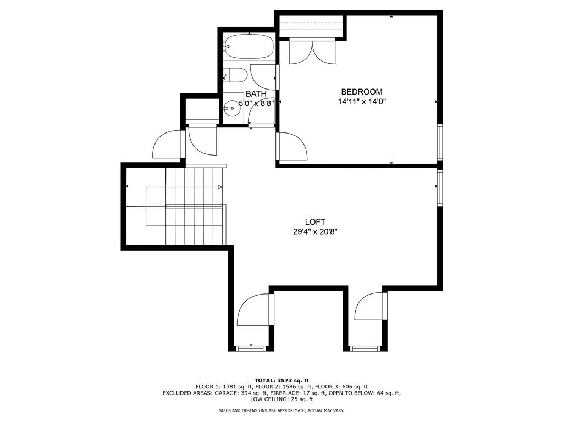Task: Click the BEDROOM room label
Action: point(361,92)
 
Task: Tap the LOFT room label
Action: point(315,222)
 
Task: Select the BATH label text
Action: point(256,94)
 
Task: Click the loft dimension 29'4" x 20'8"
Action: point(315,232)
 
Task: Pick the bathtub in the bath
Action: point(249,46)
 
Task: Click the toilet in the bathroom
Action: point(235,74)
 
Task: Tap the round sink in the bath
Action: point(233,108)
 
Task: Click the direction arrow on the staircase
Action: point(220,187)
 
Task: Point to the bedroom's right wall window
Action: point(439,142)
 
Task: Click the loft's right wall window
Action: point(439,187)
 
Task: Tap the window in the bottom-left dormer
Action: point(250,348)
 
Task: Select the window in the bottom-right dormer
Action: point(365,348)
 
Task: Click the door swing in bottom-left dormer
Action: point(253,310)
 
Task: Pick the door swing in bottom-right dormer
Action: point(370,308)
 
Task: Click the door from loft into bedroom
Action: point(292,147)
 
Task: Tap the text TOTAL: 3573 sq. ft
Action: point(281,380)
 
